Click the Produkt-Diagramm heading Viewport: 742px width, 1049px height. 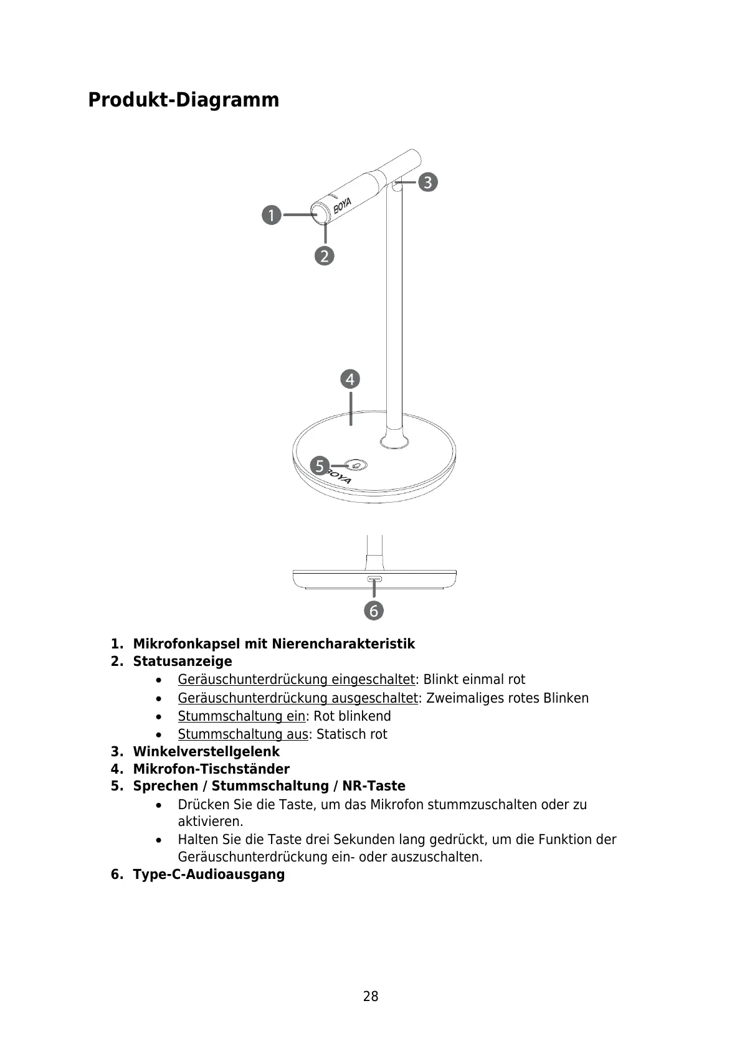[x=183, y=100]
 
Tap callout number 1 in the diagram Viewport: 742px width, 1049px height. [x=271, y=216]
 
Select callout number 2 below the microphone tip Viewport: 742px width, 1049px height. [x=325, y=255]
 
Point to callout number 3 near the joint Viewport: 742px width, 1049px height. [x=427, y=183]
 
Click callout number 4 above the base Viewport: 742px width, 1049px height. [x=350, y=379]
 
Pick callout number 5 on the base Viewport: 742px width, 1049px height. [x=320, y=465]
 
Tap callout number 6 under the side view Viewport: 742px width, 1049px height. [x=374, y=610]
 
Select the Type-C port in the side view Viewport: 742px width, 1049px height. [x=374, y=579]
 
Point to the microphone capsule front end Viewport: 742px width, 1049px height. [x=322, y=214]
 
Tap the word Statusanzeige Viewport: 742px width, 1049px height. [x=182, y=662]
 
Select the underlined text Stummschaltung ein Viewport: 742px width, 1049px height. [x=241, y=716]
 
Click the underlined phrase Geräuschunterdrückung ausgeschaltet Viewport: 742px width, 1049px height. [x=297, y=698]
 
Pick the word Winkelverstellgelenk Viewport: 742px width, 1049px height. [x=206, y=752]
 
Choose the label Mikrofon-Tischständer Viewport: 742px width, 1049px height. [x=211, y=769]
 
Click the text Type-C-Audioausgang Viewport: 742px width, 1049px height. [x=209, y=875]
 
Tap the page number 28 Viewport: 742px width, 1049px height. [x=371, y=997]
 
